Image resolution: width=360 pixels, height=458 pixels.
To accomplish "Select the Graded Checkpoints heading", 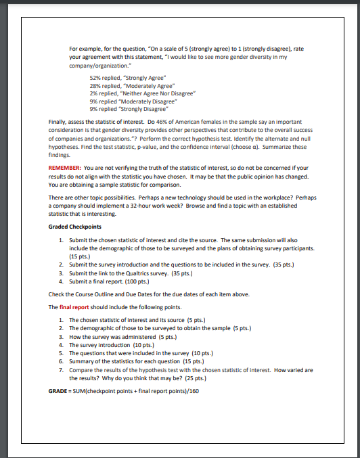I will pos(75,227).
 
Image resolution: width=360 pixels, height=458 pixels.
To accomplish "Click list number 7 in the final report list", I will pos(62,371).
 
